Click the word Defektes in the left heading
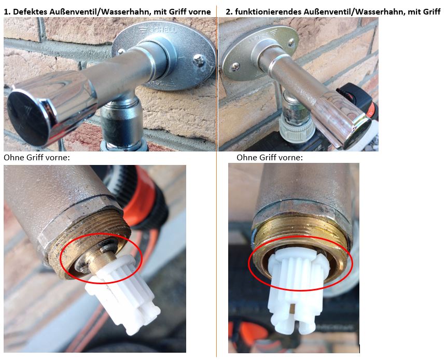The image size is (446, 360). tap(30, 11)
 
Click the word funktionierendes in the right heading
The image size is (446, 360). tap(268, 11)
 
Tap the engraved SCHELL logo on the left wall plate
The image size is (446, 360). tap(158, 30)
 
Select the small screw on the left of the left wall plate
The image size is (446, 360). tap(121, 51)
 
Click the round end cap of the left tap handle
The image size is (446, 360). tap(27, 117)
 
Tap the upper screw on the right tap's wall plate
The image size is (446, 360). tap(291, 43)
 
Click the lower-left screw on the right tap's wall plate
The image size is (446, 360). tap(235, 67)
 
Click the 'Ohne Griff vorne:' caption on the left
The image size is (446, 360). tap(37, 157)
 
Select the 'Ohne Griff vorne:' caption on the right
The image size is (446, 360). tap(270, 157)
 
